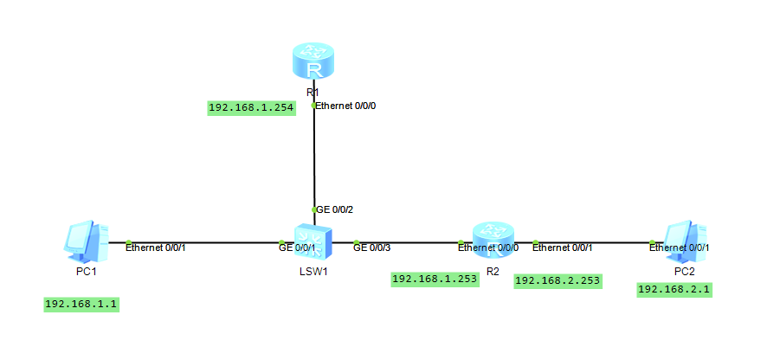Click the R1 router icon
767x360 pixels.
click(313, 63)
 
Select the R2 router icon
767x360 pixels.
click(494, 241)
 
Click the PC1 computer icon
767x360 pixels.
click(87, 241)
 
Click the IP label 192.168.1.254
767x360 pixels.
click(251, 108)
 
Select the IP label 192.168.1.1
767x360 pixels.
click(81, 304)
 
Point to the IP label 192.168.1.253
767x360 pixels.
click(435, 280)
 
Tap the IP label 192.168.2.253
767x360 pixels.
click(558, 280)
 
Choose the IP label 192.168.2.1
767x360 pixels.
click(674, 290)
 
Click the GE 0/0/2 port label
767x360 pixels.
click(335, 209)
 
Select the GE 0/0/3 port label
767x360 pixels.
click(372, 247)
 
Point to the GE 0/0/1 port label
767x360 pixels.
click(297, 247)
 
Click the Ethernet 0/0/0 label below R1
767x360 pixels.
click(346, 106)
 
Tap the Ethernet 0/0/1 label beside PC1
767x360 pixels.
click(156, 247)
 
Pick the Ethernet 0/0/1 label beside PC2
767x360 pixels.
click(680, 247)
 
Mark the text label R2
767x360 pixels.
click(493, 272)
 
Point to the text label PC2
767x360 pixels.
click(685, 272)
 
